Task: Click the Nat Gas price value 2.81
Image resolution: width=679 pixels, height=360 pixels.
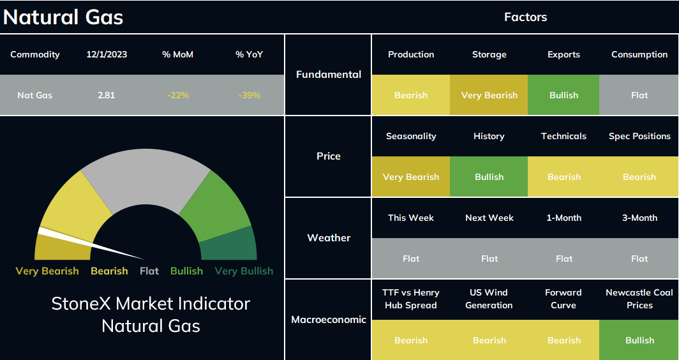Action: [x=107, y=95]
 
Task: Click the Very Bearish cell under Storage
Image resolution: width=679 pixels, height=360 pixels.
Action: [x=489, y=95]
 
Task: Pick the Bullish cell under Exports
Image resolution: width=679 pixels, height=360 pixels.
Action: [x=563, y=95]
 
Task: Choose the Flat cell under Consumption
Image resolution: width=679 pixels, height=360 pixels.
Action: [x=639, y=95]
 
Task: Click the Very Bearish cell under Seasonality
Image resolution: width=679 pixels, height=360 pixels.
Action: [x=411, y=177]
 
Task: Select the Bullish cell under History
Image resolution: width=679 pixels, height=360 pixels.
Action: [x=489, y=177]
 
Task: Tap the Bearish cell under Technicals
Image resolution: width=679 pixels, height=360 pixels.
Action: [x=564, y=177]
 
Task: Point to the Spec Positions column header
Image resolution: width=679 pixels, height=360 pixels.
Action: [x=639, y=136]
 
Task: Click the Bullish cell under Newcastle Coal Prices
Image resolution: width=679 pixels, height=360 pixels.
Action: [x=639, y=340]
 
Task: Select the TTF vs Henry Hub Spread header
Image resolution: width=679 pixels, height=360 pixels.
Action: [x=411, y=299]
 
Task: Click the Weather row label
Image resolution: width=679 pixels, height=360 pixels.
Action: [x=329, y=237]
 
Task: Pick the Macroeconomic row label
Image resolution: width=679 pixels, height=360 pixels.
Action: [x=329, y=320]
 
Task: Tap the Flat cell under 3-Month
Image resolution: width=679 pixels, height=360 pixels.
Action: [x=639, y=259]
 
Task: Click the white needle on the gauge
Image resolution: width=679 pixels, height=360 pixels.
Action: [x=91, y=244]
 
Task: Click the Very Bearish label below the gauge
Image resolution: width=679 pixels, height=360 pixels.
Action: [x=47, y=271]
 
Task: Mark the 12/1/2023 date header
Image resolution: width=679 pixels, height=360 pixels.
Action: [x=107, y=55]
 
